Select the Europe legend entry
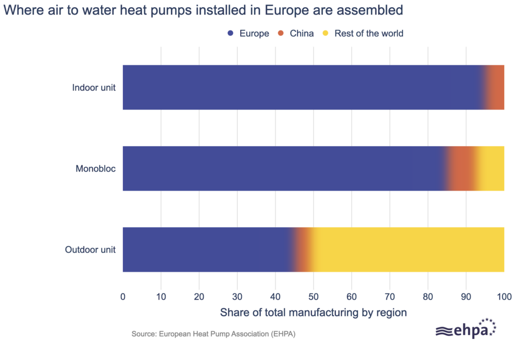248,34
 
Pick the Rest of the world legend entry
363,34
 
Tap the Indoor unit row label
94,87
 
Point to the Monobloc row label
96,168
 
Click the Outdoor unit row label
90,249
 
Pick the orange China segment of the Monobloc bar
460,168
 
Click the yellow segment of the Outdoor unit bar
408,249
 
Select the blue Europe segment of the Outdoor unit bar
207,249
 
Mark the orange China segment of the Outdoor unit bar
303,249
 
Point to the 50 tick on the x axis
314,297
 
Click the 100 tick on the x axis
504,297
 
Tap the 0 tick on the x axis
123,297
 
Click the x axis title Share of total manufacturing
314,312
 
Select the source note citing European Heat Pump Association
213,334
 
